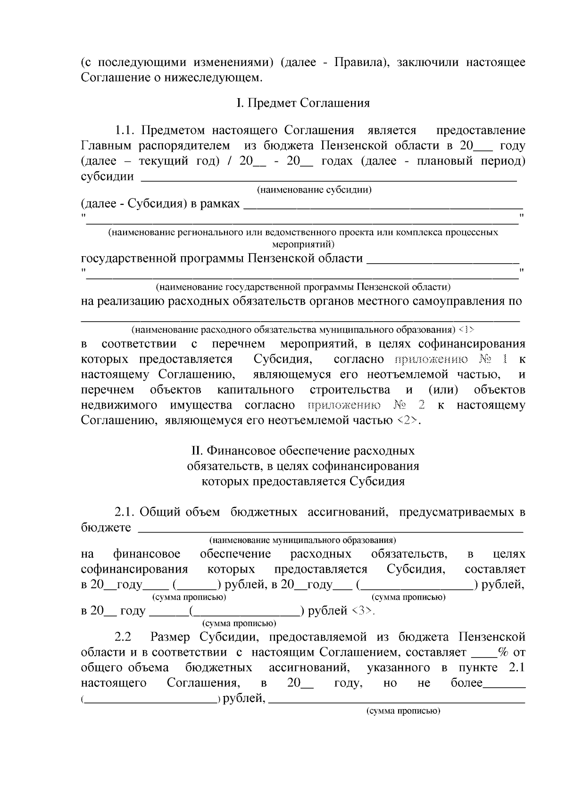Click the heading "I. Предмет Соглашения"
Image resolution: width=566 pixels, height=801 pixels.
pyautogui.click(x=303, y=103)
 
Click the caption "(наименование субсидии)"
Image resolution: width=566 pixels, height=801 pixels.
pyautogui.click(x=314, y=190)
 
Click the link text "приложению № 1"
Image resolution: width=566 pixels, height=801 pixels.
pyautogui.click(x=452, y=359)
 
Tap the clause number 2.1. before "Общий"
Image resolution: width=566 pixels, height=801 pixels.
pyautogui.click(x=125, y=512)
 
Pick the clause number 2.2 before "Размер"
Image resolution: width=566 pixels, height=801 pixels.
pyautogui.click(x=123, y=637)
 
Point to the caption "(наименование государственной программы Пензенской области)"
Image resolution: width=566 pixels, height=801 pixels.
pyautogui.click(x=303, y=287)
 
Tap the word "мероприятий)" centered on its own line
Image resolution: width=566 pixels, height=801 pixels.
pyautogui.click(x=303, y=244)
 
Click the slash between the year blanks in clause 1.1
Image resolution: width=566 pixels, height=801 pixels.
pyautogui.click(x=229, y=161)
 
